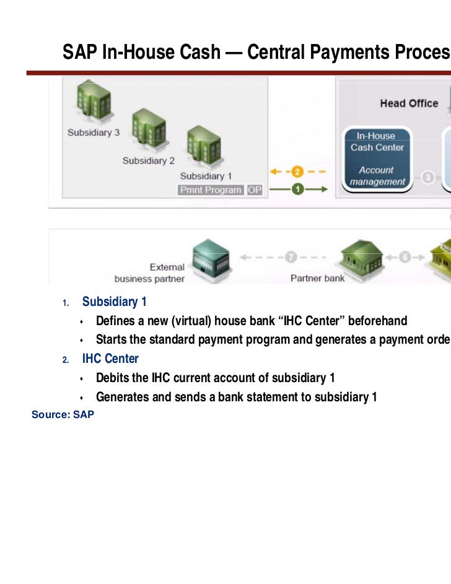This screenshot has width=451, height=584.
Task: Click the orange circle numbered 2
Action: pyautogui.click(x=297, y=172)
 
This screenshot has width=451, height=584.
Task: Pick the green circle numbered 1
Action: pyautogui.click(x=297, y=190)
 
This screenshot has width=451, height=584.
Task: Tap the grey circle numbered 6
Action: pyautogui.click(x=405, y=256)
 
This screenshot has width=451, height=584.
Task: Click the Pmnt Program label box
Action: pyautogui.click(x=211, y=190)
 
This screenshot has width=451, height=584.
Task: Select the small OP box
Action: pyautogui.click(x=255, y=190)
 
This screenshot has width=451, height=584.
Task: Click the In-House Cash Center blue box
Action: pyautogui.click(x=377, y=159)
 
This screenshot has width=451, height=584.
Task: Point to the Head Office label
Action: pyautogui.click(x=409, y=103)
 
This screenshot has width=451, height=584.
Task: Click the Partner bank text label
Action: pyautogui.click(x=318, y=278)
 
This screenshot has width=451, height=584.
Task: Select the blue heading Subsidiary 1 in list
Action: pyautogui.click(x=114, y=302)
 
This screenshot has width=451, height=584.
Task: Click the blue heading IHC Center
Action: pyautogui.click(x=110, y=359)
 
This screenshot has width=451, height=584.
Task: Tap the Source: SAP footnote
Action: pyautogui.click(x=63, y=414)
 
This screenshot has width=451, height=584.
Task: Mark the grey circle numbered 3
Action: pyautogui.click(x=428, y=178)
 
